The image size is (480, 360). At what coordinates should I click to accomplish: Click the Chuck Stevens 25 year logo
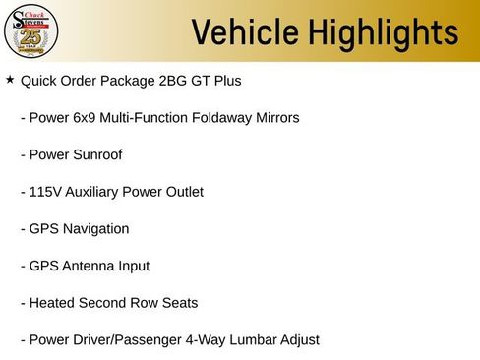32,31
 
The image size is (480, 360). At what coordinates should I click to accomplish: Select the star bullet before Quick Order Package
10,79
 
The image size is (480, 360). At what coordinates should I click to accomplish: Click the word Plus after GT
226,80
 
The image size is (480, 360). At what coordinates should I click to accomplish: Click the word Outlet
182,192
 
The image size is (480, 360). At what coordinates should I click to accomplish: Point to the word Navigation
95,229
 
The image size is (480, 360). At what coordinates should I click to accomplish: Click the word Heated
52,303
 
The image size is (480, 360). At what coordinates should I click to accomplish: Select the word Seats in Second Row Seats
179,303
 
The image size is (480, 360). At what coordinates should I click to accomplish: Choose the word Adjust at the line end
297,340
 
